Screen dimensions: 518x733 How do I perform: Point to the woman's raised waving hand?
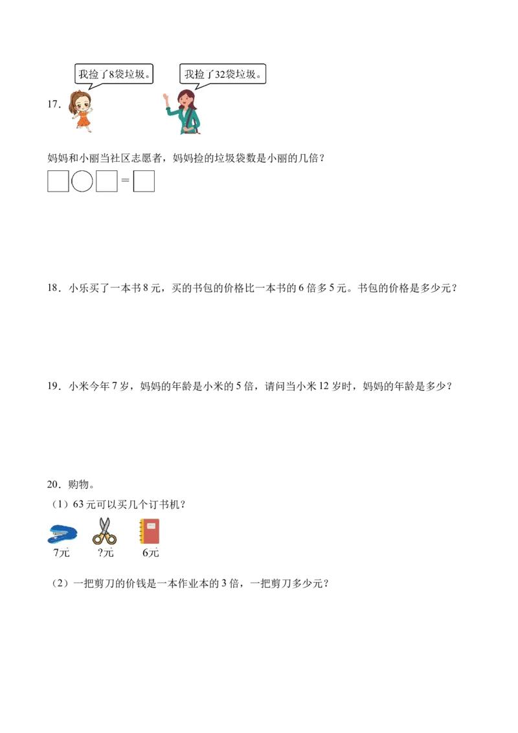166,99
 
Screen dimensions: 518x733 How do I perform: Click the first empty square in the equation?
58,181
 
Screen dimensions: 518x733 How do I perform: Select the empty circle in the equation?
82,181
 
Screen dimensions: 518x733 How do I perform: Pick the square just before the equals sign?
107,181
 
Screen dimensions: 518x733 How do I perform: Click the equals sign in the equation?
126,181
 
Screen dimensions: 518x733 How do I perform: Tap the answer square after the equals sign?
144,181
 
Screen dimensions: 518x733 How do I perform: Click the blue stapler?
62,534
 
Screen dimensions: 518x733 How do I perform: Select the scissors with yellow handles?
104,532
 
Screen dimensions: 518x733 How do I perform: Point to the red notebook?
150,532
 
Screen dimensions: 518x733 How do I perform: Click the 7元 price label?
62,553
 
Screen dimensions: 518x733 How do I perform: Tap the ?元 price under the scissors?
106,553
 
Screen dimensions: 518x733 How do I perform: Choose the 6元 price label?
150,553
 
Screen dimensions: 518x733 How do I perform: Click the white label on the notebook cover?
152,526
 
